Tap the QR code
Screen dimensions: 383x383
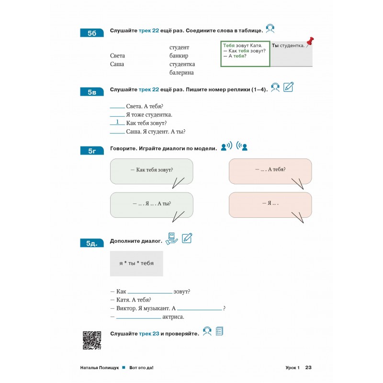[92, 340]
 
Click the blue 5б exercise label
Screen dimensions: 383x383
[92, 33]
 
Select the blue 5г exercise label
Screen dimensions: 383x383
[92, 151]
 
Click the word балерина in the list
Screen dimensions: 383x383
[181, 73]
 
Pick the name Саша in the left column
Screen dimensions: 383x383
[117, 64]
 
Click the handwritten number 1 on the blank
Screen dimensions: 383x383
[117, 122]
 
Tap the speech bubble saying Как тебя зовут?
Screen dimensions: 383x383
[151, 170]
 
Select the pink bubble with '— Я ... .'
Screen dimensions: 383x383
[270, 203]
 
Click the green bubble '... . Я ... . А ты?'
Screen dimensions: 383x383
[151, 203]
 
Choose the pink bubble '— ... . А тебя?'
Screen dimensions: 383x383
[270, 170]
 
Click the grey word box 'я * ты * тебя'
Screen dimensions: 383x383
[136, 263]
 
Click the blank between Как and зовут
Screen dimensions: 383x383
[150, 292]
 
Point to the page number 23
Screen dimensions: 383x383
[308, 368]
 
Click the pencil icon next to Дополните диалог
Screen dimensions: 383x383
[187, 237]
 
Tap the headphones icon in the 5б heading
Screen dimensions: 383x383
[270, 29]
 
